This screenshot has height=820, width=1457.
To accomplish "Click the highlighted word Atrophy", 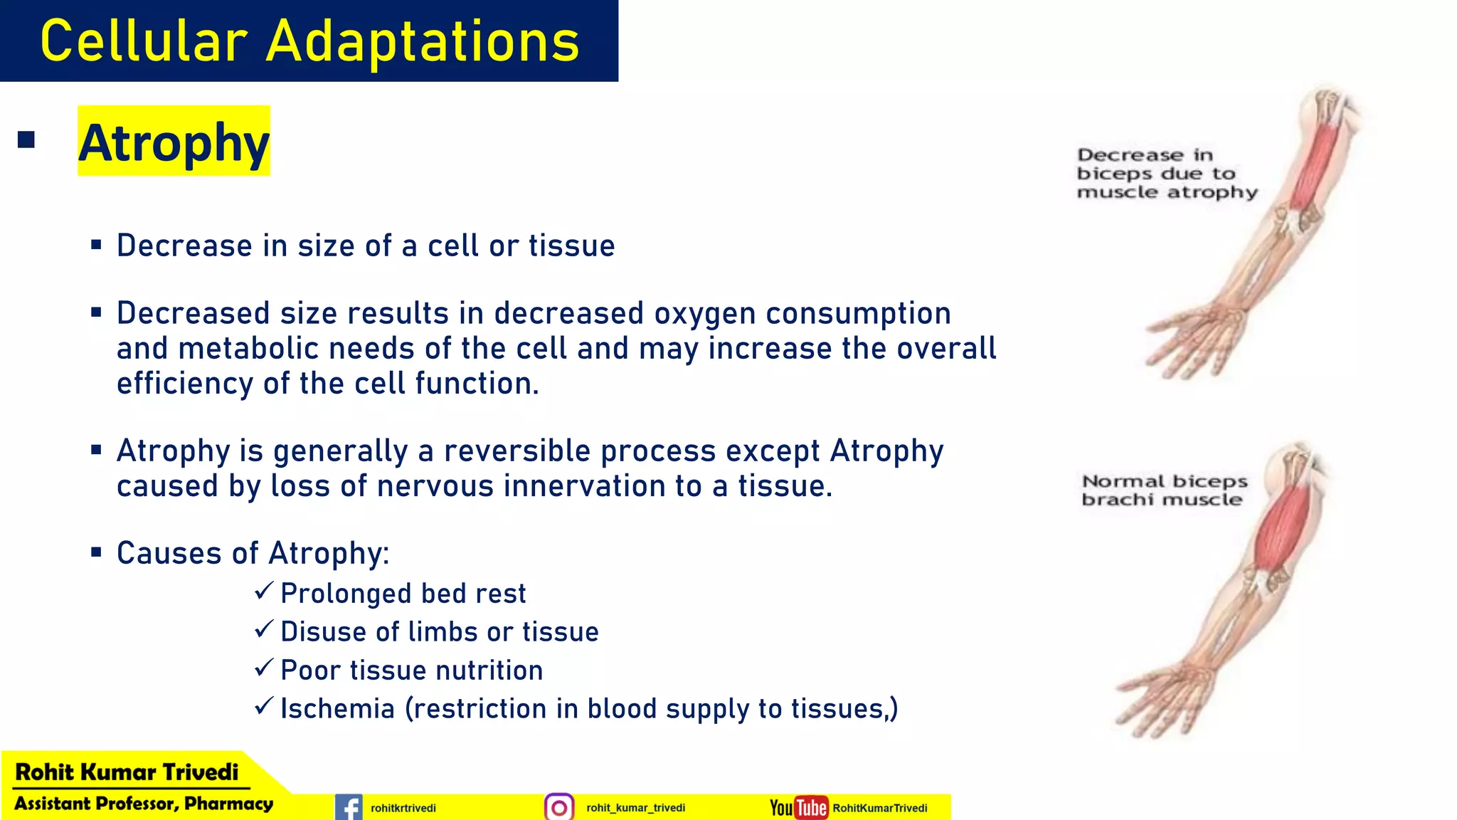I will pos(174,142).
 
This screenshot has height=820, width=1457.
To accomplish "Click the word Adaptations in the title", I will pos(423,41).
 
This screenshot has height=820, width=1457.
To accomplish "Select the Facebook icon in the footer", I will pos(349,807).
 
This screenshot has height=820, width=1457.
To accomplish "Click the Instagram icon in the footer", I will pos(559,807).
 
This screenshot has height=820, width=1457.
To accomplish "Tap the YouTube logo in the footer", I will pos(799,807).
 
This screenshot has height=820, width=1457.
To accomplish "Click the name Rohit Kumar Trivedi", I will pos(127,772).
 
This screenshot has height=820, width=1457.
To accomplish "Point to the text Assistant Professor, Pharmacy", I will pos(144,804).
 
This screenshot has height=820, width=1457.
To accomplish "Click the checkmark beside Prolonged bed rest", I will pos(264,591).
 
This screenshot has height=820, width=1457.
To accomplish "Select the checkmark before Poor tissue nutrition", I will pos(264,668).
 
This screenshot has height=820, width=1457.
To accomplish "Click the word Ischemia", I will pos(337,709).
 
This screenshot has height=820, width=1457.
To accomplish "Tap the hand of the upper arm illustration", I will pos(1195,342).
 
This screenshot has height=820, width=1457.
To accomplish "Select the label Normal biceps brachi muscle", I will pos(1164,490).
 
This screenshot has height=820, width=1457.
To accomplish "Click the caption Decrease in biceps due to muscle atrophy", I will pos(1167,173).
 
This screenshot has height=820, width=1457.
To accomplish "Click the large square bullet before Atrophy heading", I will pos(26,140).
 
